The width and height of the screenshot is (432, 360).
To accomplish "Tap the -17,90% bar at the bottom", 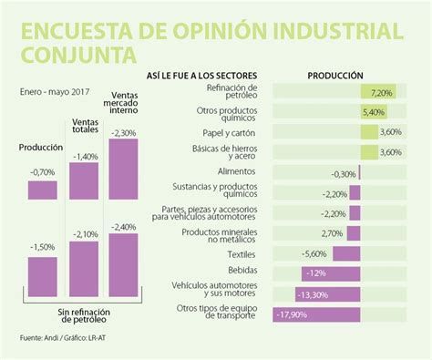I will pos(318,314).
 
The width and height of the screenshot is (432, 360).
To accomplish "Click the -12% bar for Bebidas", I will pos(332,273).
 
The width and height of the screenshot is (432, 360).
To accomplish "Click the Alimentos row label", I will pos(236,171).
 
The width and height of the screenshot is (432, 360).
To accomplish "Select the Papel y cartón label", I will pos(225,131).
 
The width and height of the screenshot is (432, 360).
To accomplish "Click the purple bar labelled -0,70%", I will pos(42,189).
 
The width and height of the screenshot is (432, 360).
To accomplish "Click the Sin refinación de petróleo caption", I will pos(83,316).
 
